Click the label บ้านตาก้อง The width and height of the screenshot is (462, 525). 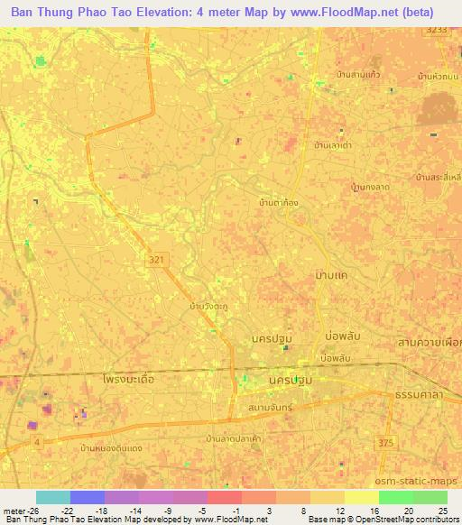(278, 204)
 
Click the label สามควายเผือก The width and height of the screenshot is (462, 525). (429, 344)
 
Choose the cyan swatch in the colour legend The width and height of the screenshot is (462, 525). (52, 497)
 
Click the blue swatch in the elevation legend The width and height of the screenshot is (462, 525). (87, 497)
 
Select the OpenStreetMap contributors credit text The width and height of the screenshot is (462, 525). (406, 520)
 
